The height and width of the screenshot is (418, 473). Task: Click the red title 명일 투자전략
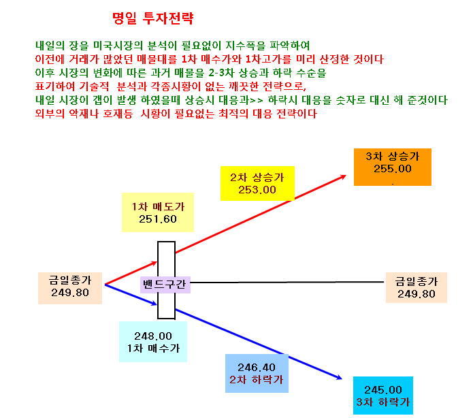(x=152, y=18)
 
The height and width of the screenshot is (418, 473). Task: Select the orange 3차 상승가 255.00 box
(x=393, y=167)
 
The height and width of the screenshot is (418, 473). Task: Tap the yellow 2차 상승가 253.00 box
(x=257, y=183)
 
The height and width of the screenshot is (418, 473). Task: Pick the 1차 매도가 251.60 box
(x=158, y=212)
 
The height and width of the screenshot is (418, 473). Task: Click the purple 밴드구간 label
(x=165, y=285)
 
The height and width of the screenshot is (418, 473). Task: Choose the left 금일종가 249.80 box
(x=70, y=288)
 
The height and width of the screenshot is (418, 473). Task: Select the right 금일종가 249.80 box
(x=417, y=287)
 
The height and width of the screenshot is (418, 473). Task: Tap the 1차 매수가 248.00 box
(x=153, y=342)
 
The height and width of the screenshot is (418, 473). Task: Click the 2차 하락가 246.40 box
(x=257, y=373)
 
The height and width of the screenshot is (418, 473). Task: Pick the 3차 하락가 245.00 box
(x=383, y=396)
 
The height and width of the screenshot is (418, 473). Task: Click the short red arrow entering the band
(x=131, y=273)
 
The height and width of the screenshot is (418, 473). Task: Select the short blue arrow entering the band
(x=131, y=294)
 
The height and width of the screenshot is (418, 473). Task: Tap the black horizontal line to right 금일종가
(x=287, y=283)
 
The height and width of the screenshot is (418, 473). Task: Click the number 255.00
(x=393, y=169)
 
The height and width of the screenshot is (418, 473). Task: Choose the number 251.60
(x=158, y=219)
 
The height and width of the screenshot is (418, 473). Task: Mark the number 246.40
(x=257, y=368)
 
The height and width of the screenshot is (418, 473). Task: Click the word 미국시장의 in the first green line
(x=118, y=46)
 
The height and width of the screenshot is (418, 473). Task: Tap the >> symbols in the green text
(x=257, y=101)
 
